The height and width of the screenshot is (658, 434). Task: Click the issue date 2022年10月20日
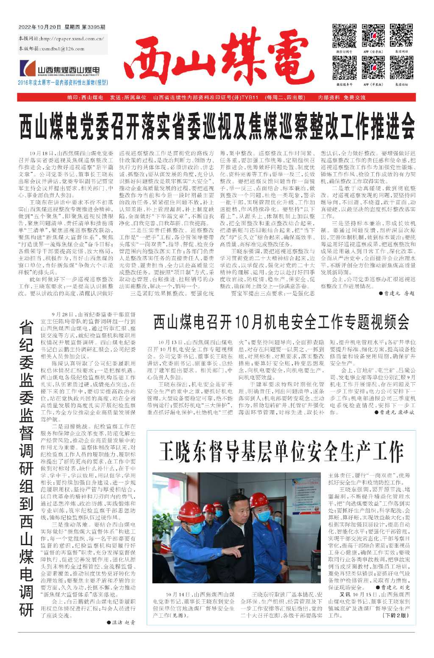pyautogui.click(x=40, y=27)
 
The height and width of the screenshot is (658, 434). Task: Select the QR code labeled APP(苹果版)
pyautogui.click(x=373, y=67)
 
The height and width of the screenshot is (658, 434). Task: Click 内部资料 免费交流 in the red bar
pyautogui.click(x=342, y=98)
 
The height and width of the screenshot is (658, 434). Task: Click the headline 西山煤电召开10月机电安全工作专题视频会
pyautogui.click(x=281, y=322)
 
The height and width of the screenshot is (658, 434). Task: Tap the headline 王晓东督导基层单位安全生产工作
pyautogui.click(x=281, y=452)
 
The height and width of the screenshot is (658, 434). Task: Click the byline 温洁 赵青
pyautogui.click(x=122, y=622)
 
